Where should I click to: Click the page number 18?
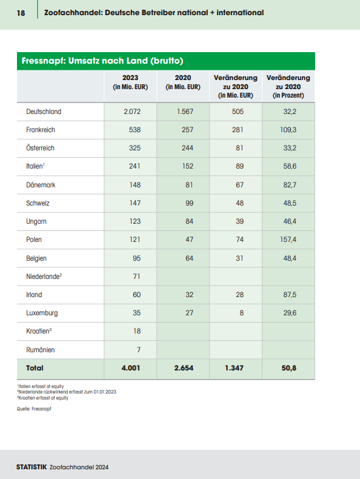(x=21, y=13)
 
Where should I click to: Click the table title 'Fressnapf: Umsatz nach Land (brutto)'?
(x=102, y=61)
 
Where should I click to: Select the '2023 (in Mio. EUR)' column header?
(x=130, y=82)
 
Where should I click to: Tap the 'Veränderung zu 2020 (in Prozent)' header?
(x=288, y=87)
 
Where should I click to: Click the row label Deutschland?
(x=44, y=112)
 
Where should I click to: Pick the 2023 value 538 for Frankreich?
(x=135, y=130)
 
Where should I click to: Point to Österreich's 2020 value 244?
(x=187, y=148)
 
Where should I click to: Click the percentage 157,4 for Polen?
(x=288, y=239)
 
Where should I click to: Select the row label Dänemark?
(x=41, y=185)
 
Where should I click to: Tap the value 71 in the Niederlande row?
(x=136, y=276)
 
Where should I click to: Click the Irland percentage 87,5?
(x=290, y=295)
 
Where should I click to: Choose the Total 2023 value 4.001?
(x=131, y=368)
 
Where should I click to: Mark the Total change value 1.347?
(x=234, y=368)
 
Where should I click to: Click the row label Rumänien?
(x=41, y=350)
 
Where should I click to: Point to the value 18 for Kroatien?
(x=137, y=331)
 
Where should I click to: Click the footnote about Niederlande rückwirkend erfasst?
(x=67, y=392)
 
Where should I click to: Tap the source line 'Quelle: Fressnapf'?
(x=34, y=409)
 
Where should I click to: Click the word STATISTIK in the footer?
(x=32, y=467)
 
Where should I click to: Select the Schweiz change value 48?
(x=239, y=203)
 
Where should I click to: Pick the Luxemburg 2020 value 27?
(x=189, y=313)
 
